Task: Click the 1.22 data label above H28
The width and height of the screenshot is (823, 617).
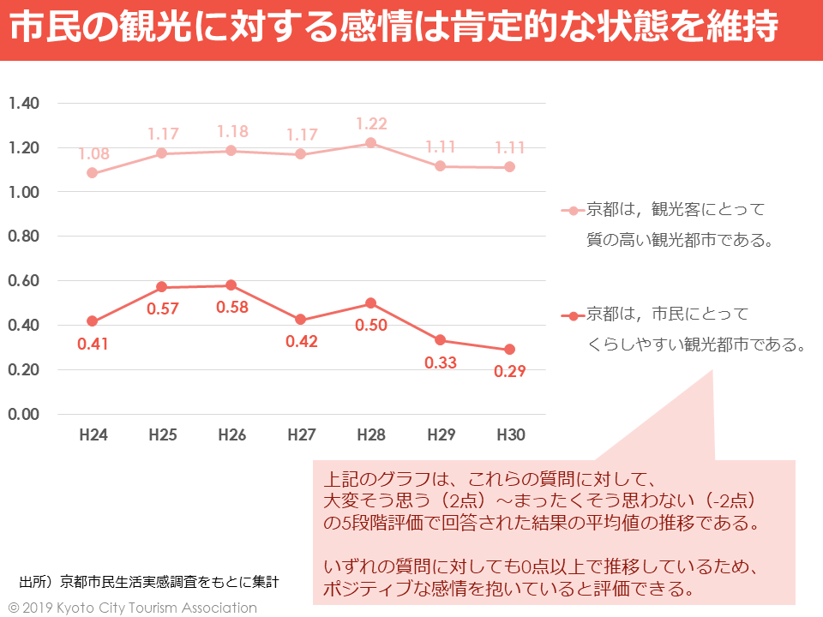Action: pos(371,123)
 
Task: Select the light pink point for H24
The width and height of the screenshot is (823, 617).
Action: pos(93,173)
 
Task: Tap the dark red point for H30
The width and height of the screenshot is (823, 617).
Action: pos(510,350)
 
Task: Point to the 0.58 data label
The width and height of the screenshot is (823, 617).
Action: pos(232,307)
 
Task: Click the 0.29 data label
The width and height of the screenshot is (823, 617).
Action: pos(510,372)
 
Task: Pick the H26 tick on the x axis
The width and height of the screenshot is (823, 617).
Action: pos(232,435)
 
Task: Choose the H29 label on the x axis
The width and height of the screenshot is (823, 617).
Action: pos(441,435)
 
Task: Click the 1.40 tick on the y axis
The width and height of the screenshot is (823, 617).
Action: pos(24,104)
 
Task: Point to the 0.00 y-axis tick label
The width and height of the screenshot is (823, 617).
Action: pos(24,414)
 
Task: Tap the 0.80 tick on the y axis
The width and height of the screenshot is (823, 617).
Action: pos(24,237)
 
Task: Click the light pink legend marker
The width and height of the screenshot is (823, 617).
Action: pos(573,210)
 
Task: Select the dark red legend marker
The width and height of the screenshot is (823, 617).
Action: pos(573,315)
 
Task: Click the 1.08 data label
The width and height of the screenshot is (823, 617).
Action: pos(93,154)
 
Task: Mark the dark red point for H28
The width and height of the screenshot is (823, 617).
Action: pos(371,303)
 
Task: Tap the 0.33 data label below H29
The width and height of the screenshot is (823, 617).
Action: pos(441,362)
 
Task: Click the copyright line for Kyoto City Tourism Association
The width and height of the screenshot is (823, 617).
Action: pos(133,608)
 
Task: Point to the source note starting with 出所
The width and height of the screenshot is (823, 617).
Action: pos(149,582)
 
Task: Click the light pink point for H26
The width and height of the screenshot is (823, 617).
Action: pos(232,151)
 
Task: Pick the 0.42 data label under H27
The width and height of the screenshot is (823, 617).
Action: pos(302,341)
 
